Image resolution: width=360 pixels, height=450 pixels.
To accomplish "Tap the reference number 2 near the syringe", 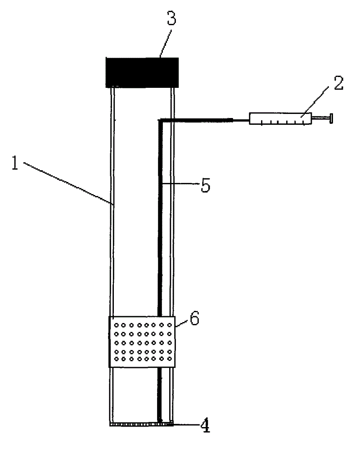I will coord(338,83).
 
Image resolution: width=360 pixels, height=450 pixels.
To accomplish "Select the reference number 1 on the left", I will coord(15,164).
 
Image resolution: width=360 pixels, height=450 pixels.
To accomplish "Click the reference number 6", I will coord(194,318).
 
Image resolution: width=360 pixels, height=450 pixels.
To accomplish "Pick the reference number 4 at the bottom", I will coord(205,426).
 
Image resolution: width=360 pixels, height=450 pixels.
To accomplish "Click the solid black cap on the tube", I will coord(142,72).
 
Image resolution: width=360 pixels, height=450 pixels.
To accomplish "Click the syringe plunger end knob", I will coord(332,119).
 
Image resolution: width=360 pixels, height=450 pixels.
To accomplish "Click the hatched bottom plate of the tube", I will coord(142,423).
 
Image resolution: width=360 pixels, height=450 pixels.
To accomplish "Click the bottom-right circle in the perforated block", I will coord(168,359).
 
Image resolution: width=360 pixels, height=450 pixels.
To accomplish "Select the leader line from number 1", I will coord(67,184).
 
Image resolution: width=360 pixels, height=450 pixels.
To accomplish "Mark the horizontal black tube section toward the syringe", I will coord(198,119).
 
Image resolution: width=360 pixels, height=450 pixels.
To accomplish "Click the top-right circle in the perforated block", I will coord(168,325).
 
